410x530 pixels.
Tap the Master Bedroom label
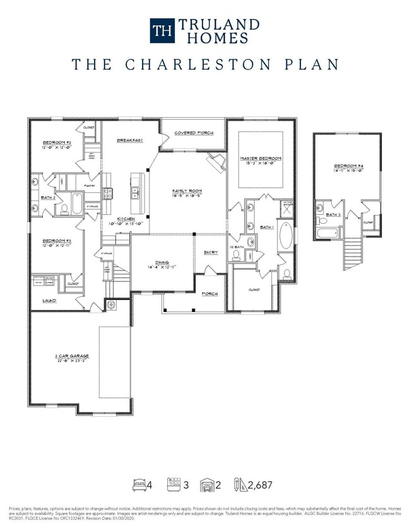[261, 158]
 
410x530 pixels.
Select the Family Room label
[187, 191]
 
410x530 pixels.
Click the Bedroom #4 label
[348, 167]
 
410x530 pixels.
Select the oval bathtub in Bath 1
[285, 239]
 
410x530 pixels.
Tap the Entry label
[211, 253]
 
